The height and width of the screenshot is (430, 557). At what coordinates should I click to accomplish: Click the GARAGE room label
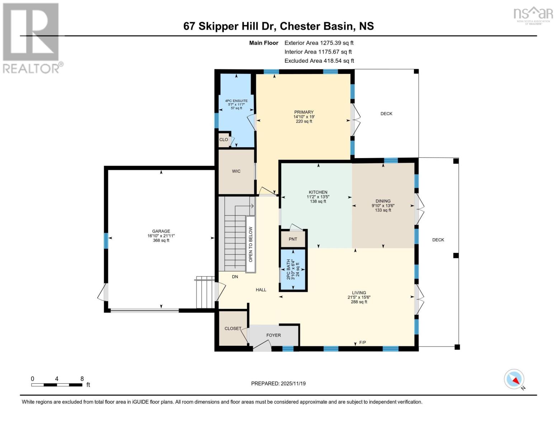(161, 231)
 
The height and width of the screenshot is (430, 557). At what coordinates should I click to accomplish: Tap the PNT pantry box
(293, 239)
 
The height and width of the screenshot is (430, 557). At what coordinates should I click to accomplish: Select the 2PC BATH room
(293, 269)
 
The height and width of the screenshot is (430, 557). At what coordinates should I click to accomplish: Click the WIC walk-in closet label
(236, 171)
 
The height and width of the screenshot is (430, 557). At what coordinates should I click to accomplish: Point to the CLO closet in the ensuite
(223, 140)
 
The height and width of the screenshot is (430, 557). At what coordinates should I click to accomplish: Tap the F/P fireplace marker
(363, 343)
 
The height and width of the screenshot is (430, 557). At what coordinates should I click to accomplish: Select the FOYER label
(274, 335)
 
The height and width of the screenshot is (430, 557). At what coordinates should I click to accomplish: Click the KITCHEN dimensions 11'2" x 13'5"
(318, 197)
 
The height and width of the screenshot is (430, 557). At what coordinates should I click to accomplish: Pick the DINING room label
(383, 201)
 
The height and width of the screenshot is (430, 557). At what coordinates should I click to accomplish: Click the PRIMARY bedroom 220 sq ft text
(304, 121)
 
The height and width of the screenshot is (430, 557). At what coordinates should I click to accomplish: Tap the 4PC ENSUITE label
(236, 101)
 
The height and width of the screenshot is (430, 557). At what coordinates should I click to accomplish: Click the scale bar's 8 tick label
(82, 379)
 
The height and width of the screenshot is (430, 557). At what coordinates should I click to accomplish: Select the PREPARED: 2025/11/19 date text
(278, 383)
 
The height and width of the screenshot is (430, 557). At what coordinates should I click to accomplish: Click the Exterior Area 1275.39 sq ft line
(319, 43)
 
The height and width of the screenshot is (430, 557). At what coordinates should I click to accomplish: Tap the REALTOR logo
(31, 38)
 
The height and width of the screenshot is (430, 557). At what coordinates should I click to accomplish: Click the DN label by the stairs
(235, 277)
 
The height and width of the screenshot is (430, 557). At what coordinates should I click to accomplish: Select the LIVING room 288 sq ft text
(359, 302)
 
